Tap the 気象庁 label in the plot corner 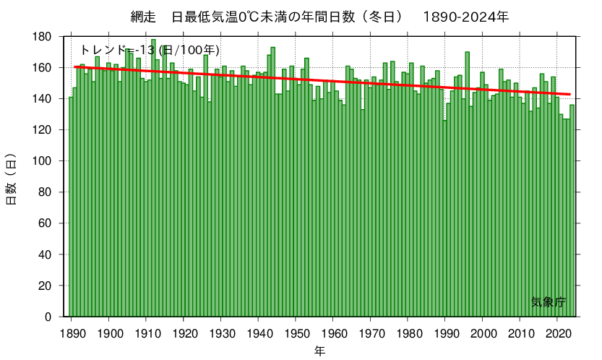click(548, 302)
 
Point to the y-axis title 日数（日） click(12, 179)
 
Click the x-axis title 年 click(319, 351)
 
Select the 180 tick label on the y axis click(42, 37)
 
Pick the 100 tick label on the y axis click(42, 161)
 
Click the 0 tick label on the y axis click(47, 317)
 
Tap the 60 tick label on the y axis click(44, 223)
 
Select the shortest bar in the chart click(444, 217)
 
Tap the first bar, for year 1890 click(71, 210)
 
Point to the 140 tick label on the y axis click(42, 99)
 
